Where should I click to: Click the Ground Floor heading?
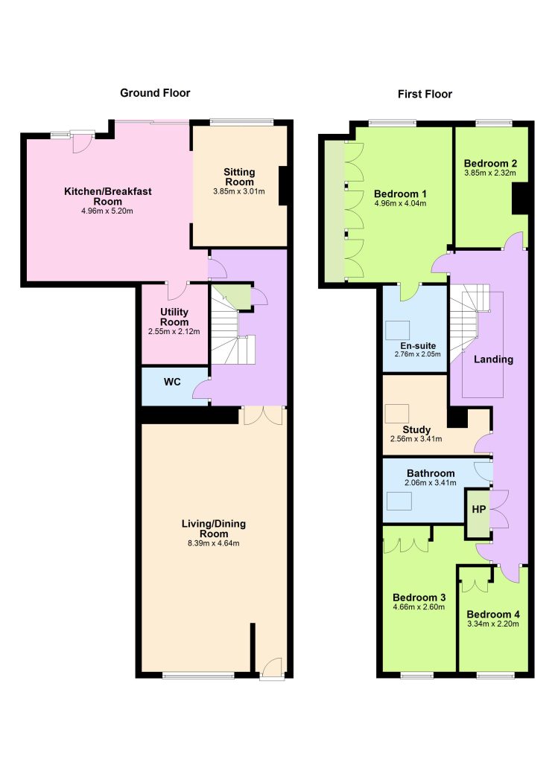coord(155,93)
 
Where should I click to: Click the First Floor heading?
coord(425,95)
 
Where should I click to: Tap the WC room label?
coord(172,382)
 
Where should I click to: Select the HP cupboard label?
coord(479,509)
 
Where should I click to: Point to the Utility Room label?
coord(174,317)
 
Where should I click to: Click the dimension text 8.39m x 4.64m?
coord(214,543)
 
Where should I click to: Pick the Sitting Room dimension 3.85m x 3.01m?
coord(239,191)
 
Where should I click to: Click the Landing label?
coord(493,359)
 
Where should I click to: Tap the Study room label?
coord(416,429)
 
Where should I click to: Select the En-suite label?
coord(418,346)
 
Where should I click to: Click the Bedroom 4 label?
coord(492,614)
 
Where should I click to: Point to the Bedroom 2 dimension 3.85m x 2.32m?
coord(490,173)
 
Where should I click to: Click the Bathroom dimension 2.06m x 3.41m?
coord(431,483)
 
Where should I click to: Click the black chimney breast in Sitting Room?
coord(283,186)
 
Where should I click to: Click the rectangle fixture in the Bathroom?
coord(399,501)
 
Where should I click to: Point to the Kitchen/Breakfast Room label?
coord(107,196)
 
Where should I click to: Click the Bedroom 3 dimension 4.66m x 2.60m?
coord(419,607)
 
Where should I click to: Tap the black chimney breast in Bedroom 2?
coord(520,198)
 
